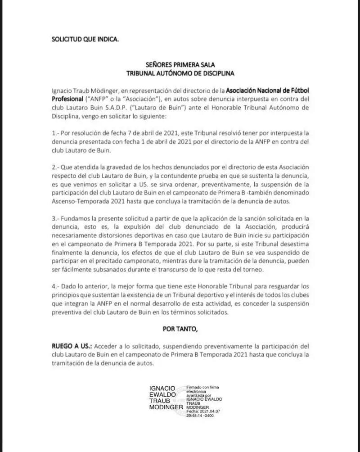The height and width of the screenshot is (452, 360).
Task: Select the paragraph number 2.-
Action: click(56, 167)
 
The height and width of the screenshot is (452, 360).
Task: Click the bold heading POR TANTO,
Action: click(180, 329)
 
